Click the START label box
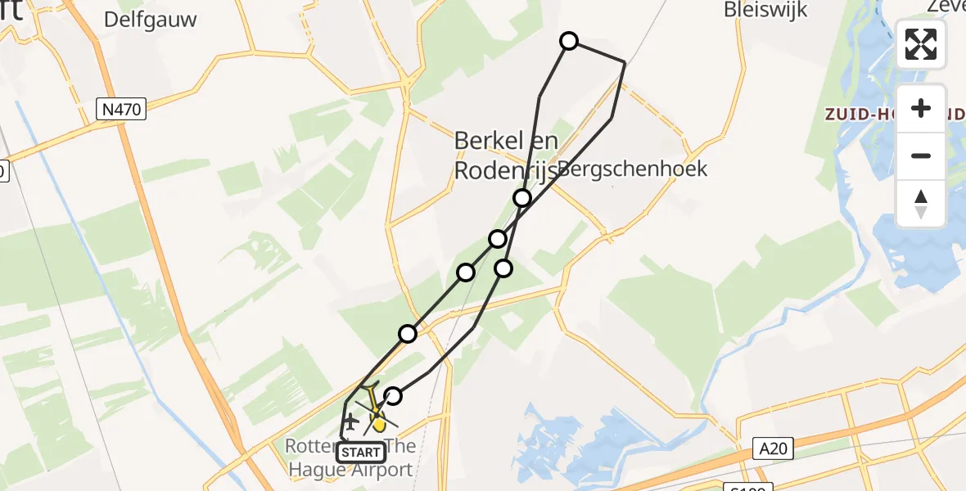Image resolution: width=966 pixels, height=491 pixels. [361, 453]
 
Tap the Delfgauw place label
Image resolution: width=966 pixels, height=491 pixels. [151, 20]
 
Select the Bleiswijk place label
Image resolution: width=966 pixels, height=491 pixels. [765, 10]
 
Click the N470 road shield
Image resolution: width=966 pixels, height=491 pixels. [120, 109]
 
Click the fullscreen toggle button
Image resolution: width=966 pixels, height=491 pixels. [921, 44]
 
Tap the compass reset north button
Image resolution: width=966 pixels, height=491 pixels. [921, 204]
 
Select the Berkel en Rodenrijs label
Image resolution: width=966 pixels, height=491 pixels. [506, 155]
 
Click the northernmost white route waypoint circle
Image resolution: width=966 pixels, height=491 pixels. [568, 41]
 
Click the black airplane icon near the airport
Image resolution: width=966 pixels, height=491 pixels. [350, 422]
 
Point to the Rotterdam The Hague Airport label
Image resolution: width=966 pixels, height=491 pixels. [350, 458]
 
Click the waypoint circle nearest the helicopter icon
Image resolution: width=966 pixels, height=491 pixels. [393, 396]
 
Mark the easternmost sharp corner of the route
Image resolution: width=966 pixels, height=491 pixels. [625, 62]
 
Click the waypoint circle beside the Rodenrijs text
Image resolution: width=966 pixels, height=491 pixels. [521, 198]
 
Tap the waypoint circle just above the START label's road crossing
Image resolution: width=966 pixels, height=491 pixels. [408, 333]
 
